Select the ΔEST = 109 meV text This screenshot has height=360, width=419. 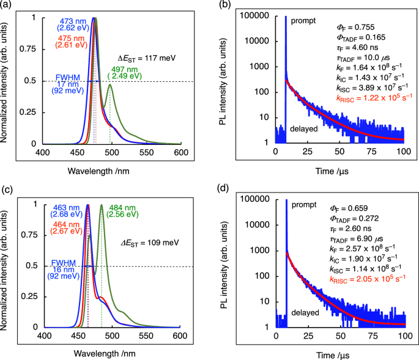coord(144,243)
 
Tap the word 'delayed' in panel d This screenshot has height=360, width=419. coord(305,312)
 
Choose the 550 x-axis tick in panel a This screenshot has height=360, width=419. coord(146,152)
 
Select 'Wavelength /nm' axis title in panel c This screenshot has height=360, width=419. coord(112,353)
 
